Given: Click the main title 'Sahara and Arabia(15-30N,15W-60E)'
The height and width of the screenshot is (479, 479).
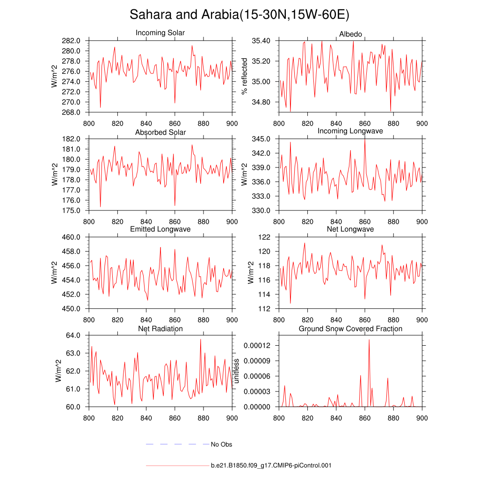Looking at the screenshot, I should (239, 15).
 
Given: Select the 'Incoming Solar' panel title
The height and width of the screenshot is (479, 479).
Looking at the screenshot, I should (160, 33).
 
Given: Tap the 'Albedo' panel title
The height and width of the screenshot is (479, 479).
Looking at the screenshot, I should (350, 34).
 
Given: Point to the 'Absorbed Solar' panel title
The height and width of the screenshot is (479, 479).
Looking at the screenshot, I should (160, 132).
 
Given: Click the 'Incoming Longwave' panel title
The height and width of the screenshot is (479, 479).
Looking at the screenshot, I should (350, 131).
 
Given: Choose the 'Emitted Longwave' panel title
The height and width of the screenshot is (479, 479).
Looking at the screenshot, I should (160, 229).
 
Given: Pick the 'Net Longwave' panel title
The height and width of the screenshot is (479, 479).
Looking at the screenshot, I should (350, 229).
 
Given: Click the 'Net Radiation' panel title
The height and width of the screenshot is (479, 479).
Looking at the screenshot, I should (160, 329).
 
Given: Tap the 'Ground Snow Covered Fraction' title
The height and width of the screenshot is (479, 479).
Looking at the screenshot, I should (350, 329).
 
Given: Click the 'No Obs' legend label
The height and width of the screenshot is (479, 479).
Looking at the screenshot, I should (221, 444).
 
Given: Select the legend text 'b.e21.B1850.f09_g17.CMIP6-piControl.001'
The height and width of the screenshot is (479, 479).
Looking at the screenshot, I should (271, 466).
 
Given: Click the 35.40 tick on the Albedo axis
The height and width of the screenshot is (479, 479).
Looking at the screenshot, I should (261, 41).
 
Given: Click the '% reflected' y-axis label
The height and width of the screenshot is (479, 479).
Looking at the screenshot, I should (244, 76).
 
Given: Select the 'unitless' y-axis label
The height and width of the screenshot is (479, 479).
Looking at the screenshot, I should (236, 371).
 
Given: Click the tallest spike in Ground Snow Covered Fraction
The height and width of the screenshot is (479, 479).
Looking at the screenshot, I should (369, 340).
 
